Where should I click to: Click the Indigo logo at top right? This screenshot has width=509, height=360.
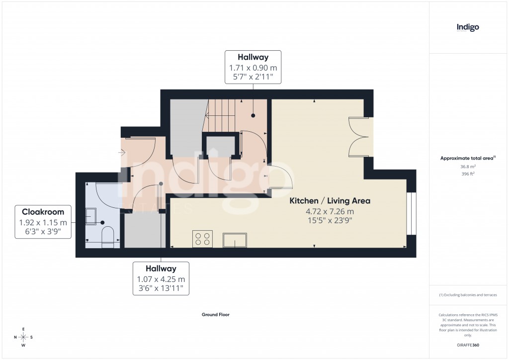(468, 27)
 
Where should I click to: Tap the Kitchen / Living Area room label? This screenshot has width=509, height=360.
(330, 201)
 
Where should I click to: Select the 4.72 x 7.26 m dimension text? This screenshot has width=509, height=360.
(330, 211)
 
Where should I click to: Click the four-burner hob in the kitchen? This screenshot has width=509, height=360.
(202, 239)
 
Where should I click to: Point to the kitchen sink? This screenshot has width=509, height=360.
(236, 240)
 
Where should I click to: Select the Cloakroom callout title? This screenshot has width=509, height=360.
(40, 212)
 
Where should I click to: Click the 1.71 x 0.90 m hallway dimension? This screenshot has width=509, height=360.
(253, 68)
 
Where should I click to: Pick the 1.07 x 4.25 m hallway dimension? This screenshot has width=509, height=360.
(161, 279)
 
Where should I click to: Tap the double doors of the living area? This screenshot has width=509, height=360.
(360, 137)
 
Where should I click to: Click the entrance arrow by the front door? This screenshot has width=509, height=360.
(122, 153)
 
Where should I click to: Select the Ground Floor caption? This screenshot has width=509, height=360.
(215, 315)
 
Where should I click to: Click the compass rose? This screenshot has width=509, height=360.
(23, 337)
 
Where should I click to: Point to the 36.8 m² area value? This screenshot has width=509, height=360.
(468, 167)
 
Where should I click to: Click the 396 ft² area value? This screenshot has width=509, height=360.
(468, 174)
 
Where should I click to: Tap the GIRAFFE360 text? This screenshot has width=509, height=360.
(468, 345)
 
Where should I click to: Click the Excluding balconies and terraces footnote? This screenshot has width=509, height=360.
(468, 295)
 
